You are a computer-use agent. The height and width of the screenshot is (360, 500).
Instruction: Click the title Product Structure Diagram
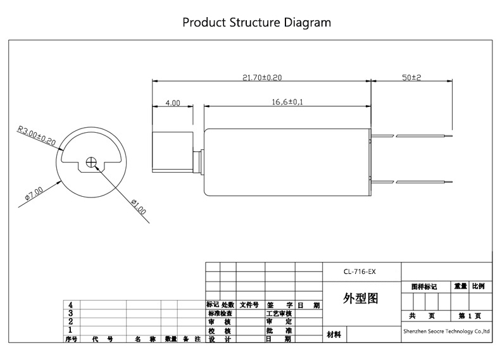click(256, 22)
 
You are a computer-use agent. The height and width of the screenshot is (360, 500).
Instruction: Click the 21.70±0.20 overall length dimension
click(262, 77)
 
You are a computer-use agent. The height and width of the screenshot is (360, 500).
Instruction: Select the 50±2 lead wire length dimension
click(412, 77)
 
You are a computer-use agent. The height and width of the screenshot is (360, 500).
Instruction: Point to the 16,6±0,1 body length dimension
click(287, 101)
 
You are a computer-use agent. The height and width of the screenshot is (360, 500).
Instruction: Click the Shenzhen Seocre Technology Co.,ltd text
click(446, 330)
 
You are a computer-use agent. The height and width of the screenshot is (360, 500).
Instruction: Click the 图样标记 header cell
click(424, 287)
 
